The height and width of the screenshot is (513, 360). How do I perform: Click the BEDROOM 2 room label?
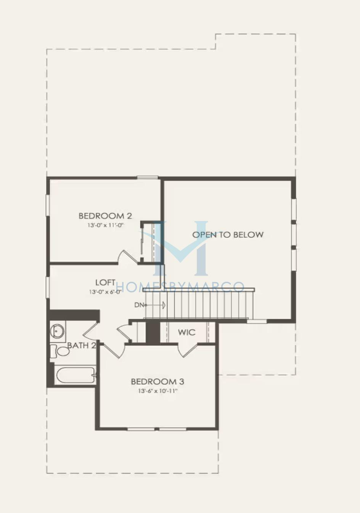pyautogui.click(x=105, y=216)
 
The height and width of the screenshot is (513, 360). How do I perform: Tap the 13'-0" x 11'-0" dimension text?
pyautogui.click(x=105, y=225)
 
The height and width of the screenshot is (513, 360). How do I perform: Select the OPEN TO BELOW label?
pyautogui.click(x=228, y=234)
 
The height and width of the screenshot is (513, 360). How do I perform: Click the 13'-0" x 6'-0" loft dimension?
pyautogui.click(x=105, y=292)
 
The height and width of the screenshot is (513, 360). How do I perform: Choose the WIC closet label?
pyautogui.click(x=187, y=332)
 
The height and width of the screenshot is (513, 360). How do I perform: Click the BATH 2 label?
pyautogui.click(x=81, y=345)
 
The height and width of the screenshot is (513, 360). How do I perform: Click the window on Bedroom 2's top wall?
pyautogui.click(x=148, y=177)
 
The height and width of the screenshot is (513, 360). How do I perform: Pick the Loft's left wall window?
pyautogui.click(x=48, y=287)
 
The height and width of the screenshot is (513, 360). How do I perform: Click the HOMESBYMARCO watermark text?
pyautogui.click(x=180, y=287)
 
